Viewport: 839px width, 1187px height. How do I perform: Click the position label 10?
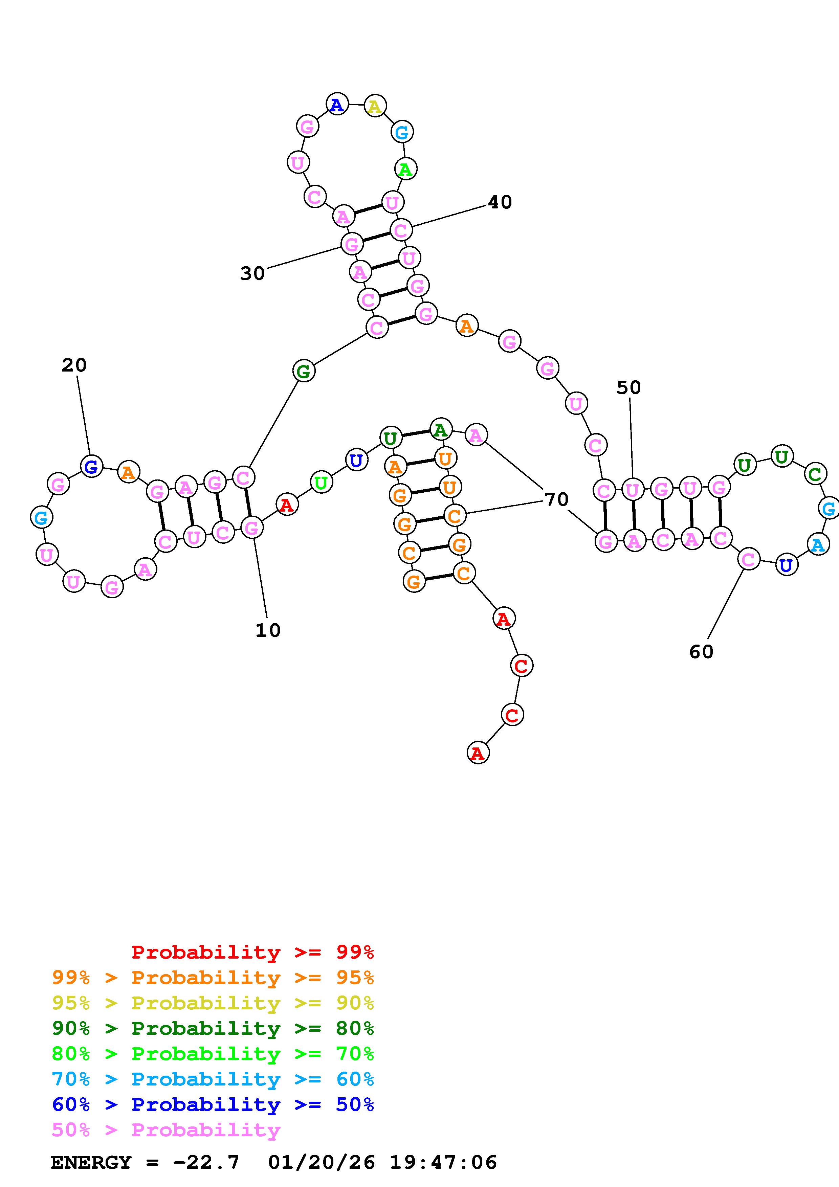coord(268,630)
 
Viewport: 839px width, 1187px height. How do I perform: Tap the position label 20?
coord(74,365)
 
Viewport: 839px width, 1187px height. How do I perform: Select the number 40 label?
coord(500,202)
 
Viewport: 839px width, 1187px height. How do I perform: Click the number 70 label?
coord(556,499)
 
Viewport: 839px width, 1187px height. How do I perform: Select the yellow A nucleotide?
coord(375,107)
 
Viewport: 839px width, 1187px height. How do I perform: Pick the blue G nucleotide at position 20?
coord(91,467)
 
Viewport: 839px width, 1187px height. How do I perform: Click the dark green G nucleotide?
coord(304,371)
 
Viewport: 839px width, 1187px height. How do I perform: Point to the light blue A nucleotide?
coord(818,545)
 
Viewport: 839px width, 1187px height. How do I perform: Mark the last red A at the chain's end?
coord(478,753)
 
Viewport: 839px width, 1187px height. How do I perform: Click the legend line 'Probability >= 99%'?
coord(253,952)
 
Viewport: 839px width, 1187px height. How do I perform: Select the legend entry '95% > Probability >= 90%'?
coord(213,1003)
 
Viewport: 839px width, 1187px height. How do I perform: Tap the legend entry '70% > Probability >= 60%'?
coord(213,1079)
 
